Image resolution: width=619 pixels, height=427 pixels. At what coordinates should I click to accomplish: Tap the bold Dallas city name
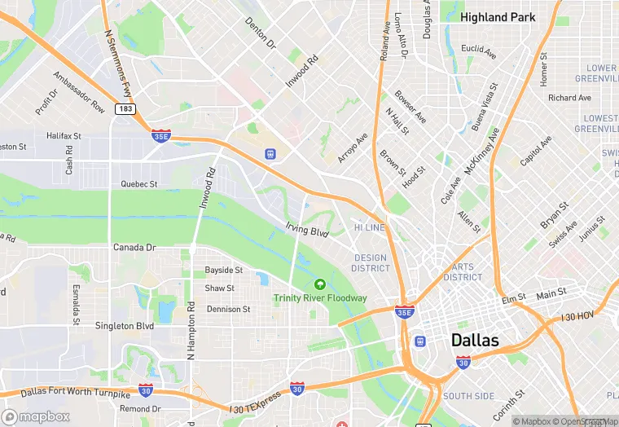pos(475,340)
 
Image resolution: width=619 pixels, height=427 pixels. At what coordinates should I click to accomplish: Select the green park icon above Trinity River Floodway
pos(320,284)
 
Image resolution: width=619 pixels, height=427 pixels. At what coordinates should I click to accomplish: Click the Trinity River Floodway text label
pos(320,298)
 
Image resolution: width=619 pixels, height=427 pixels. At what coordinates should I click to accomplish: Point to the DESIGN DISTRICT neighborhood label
pos(371,263)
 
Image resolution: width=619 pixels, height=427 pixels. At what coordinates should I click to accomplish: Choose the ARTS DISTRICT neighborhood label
pos(463,272)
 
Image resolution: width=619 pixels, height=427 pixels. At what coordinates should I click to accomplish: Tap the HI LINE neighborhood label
pos(369,228)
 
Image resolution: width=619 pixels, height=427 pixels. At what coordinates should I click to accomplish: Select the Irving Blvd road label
pos(306,231)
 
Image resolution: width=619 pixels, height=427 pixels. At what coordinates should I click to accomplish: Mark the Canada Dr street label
pos(134,248)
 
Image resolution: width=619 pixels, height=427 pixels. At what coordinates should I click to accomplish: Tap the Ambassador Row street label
pos(79,93)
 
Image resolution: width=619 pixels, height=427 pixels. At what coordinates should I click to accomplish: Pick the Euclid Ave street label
pos(478,51)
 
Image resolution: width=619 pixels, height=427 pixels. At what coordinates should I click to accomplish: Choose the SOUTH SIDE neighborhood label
pos(468,396)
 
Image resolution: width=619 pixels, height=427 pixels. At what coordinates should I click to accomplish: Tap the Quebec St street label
pos(139,184)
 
